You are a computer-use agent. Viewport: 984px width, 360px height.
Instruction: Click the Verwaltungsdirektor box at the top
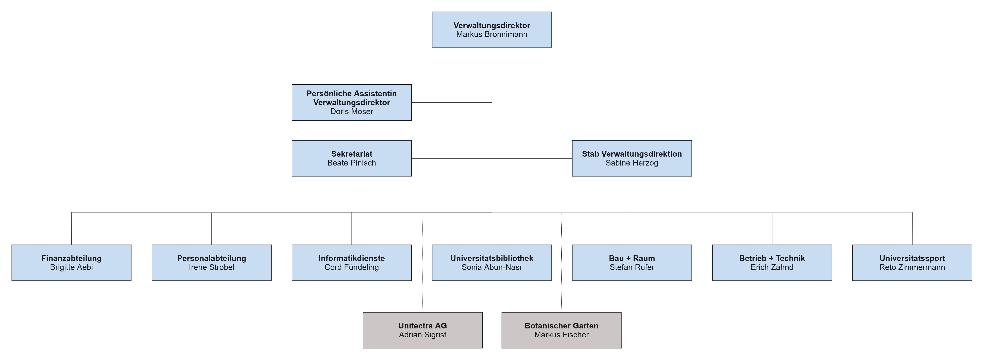(x=492, y=30)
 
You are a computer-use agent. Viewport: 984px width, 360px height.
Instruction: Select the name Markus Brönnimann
(x=492, y=34)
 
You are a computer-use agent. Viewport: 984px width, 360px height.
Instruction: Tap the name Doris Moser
(x=351, y=112)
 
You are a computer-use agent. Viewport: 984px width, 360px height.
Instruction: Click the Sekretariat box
(x=351, y=158)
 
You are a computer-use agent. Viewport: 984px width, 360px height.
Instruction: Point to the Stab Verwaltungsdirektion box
(x=632, y=158)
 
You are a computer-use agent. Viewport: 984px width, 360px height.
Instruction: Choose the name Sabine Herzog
(x=632, y=163)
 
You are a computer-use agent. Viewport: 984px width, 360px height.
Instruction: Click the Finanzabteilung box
(x=71, y=263)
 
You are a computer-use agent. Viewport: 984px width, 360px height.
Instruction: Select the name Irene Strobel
(x=212, y=268)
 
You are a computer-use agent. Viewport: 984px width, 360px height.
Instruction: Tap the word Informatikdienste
(x=351, y=258)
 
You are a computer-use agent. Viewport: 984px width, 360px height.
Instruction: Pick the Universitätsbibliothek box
(x=492, y=263)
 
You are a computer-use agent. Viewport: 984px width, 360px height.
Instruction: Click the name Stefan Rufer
(x=632, y=268)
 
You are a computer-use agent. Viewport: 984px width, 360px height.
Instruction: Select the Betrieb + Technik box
(x=772, y=263)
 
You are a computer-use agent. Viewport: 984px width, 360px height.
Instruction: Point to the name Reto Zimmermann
(x=912, y=268)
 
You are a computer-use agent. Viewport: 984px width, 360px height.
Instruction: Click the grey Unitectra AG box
(x=423, y=330)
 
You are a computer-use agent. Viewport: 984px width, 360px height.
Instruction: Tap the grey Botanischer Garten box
(x=561, y=330)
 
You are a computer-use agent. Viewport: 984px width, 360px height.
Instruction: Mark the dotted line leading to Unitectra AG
(x=423, y=263)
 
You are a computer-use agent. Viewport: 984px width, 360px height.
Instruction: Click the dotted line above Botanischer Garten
(x=561, y=263)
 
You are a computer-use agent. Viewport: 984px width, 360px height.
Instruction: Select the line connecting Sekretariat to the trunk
(x=452, y=158)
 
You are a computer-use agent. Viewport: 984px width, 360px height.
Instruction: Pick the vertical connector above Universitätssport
(x=912, y=229)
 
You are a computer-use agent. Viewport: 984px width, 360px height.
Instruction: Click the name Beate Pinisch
(x=351, y=163)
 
